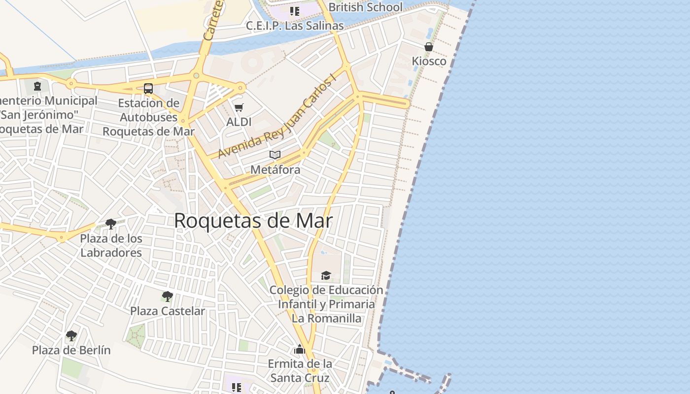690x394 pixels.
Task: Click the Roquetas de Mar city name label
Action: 253,221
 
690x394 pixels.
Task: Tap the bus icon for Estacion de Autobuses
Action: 148,89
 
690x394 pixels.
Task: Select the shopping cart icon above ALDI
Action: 239,107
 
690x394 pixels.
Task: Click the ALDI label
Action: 239,122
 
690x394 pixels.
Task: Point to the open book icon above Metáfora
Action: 275,155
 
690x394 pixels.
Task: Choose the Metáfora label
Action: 275,169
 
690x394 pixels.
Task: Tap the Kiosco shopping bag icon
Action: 429,47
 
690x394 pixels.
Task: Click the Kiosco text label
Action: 429,61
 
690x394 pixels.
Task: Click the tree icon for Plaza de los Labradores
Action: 111,224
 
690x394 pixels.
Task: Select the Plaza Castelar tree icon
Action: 167,296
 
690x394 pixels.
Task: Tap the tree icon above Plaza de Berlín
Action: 71,336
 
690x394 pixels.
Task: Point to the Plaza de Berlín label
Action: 71,350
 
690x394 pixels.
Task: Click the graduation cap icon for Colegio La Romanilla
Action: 326,275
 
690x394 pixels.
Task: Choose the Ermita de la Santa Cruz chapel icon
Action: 300,350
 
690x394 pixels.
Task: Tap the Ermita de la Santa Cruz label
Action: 300,371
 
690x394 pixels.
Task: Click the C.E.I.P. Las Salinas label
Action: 295,26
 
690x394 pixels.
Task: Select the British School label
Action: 365,7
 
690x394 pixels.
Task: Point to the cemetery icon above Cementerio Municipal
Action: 37,87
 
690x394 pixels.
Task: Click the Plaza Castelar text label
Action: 167,311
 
